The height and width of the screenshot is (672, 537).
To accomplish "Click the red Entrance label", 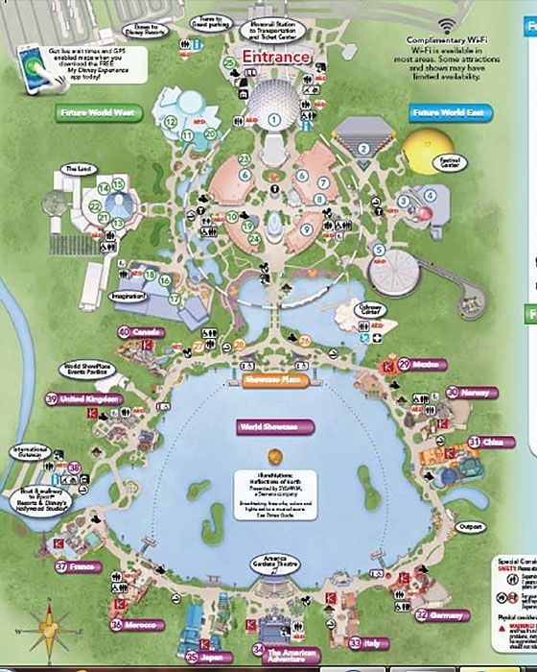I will (x=276, y=57).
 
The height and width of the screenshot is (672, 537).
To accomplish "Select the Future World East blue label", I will (x=446, y=113).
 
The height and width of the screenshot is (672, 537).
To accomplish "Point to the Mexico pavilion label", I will (x=425, y=364).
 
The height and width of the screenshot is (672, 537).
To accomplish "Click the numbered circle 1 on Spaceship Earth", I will (x=274, y=120).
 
